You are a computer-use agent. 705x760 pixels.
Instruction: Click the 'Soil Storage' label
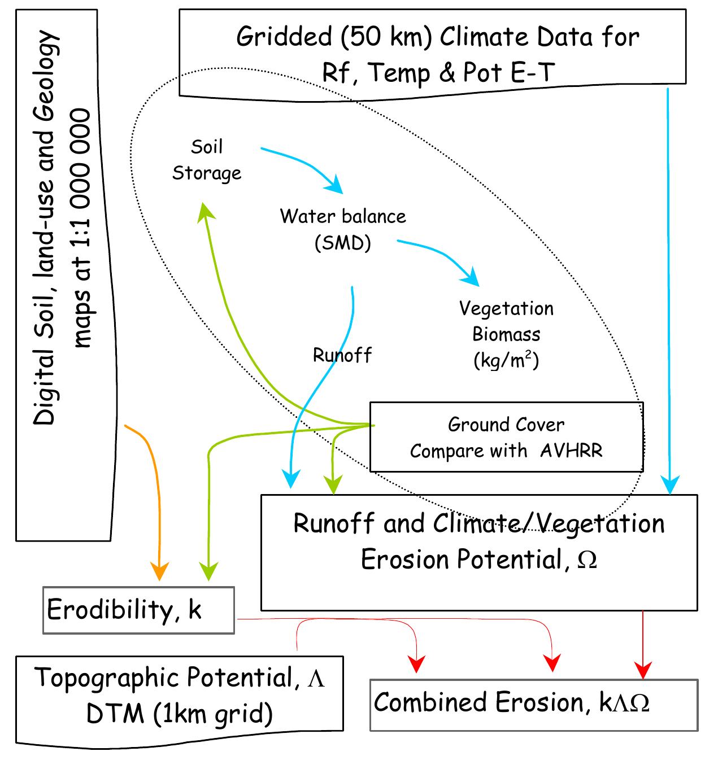[206, 160]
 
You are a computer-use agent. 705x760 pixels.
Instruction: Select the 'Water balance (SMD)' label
[343, 229]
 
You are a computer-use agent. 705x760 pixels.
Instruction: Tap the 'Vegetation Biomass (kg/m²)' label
[506, 334]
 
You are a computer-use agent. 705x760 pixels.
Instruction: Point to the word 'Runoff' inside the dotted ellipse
[342, 355]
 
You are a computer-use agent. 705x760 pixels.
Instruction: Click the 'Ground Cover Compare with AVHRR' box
[506, 437]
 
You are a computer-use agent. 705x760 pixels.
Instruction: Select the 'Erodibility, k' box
[138, 610]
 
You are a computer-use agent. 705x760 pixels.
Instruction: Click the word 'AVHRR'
[571, 451]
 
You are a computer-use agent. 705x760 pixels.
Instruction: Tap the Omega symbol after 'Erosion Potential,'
[587, 560]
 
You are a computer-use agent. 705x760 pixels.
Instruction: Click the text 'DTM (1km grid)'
[180, 714]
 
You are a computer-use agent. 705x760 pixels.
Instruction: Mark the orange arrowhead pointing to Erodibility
[160, 571]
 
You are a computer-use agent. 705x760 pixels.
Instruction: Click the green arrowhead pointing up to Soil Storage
[204, 209]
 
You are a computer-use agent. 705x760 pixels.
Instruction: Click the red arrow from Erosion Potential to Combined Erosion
[643, 644]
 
